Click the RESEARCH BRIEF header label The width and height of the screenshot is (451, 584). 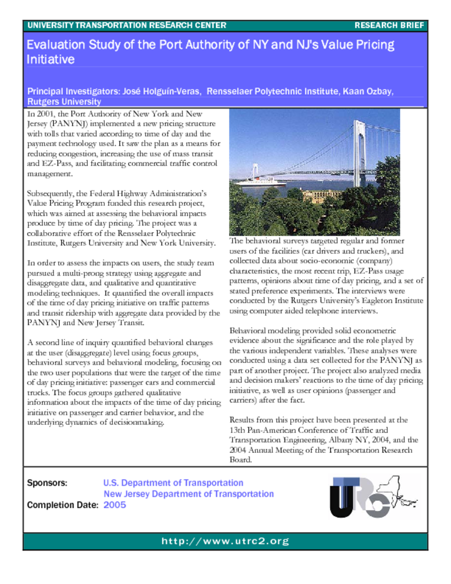[389, 26]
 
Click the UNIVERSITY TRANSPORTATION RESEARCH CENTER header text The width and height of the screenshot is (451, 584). [127, 26]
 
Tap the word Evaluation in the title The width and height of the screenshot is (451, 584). [55, 44]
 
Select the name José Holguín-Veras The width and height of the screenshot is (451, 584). [160, 91]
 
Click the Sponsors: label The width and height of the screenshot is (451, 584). [47, 483]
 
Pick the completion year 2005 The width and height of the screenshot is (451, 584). [115, 505]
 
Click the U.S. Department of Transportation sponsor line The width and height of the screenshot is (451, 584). [173, 483]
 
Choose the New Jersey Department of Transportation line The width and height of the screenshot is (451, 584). [188, 494]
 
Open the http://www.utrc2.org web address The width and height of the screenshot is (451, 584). [225, 541]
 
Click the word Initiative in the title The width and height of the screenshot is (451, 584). [51, 59]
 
